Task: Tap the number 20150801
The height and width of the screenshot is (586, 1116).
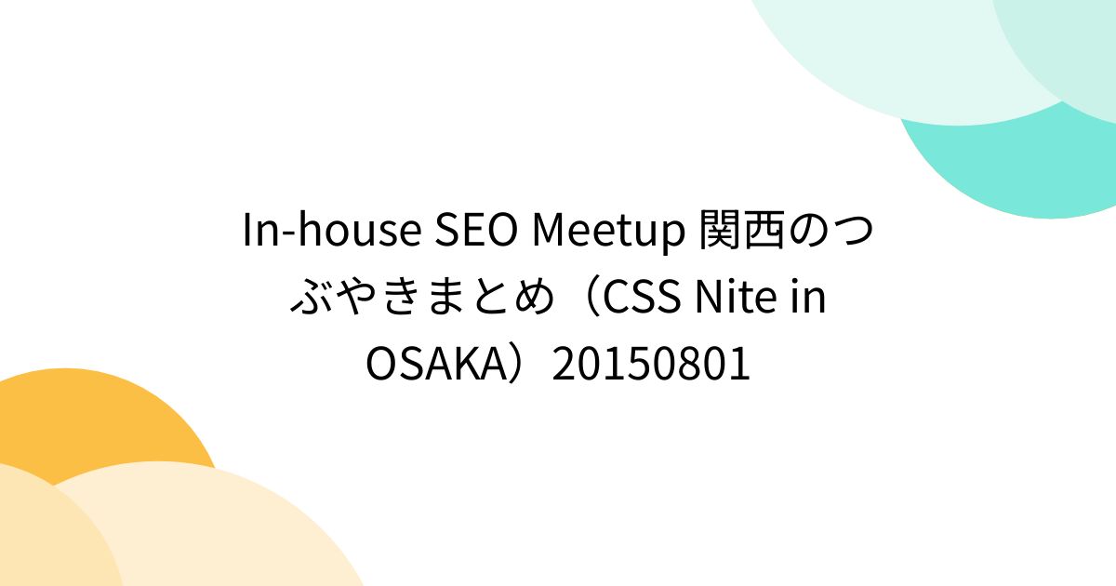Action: (651, 366)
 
